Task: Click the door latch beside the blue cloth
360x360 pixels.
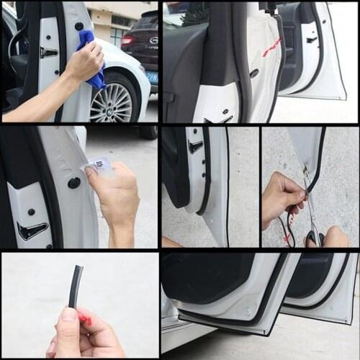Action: coord(48,53)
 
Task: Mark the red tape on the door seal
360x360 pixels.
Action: coord(272,48)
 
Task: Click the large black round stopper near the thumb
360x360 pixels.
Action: coord(74,183)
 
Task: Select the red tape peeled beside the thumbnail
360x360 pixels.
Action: coord(85,318)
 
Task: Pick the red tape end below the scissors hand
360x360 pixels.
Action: coord(288,238)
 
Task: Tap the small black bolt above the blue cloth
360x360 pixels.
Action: coord(78,26)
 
